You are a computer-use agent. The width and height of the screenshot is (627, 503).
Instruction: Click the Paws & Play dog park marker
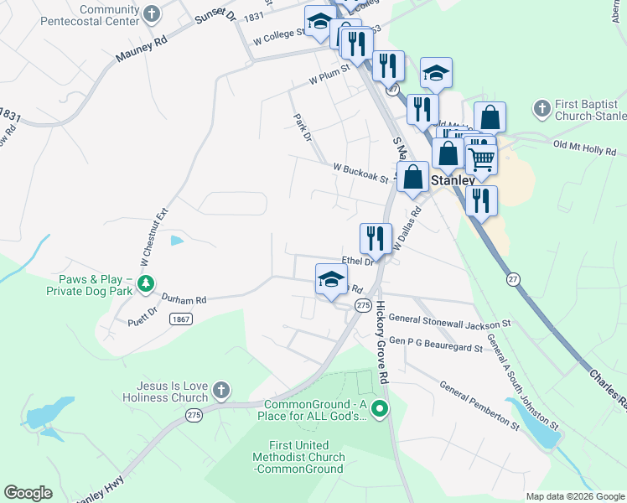[x=146, y=283]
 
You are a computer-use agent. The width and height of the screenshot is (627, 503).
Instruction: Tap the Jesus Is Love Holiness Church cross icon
[x=220, y=390]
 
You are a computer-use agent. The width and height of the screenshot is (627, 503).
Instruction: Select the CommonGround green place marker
[x=380, y=409]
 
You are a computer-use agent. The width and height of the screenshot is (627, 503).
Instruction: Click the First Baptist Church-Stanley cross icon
[x=541, y=108]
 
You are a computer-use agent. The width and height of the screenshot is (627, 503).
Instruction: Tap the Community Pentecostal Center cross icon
[x=151, y=13]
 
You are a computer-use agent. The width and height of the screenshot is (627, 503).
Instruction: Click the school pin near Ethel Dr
[x=331, y=279]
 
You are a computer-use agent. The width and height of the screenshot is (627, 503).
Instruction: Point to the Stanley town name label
[x=453, y=180]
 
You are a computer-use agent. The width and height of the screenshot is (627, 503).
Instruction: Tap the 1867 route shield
[x=179, y=319]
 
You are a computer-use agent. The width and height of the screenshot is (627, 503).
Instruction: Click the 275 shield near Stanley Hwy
[x=194, y=415]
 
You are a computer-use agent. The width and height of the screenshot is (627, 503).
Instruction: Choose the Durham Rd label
[x=184, y=299]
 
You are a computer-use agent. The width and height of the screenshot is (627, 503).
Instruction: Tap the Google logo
[x=28, y=493]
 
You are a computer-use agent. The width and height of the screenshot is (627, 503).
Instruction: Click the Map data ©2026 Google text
[x=574, y=496]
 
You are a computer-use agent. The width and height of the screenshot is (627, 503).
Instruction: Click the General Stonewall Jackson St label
[x=450, y=320]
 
